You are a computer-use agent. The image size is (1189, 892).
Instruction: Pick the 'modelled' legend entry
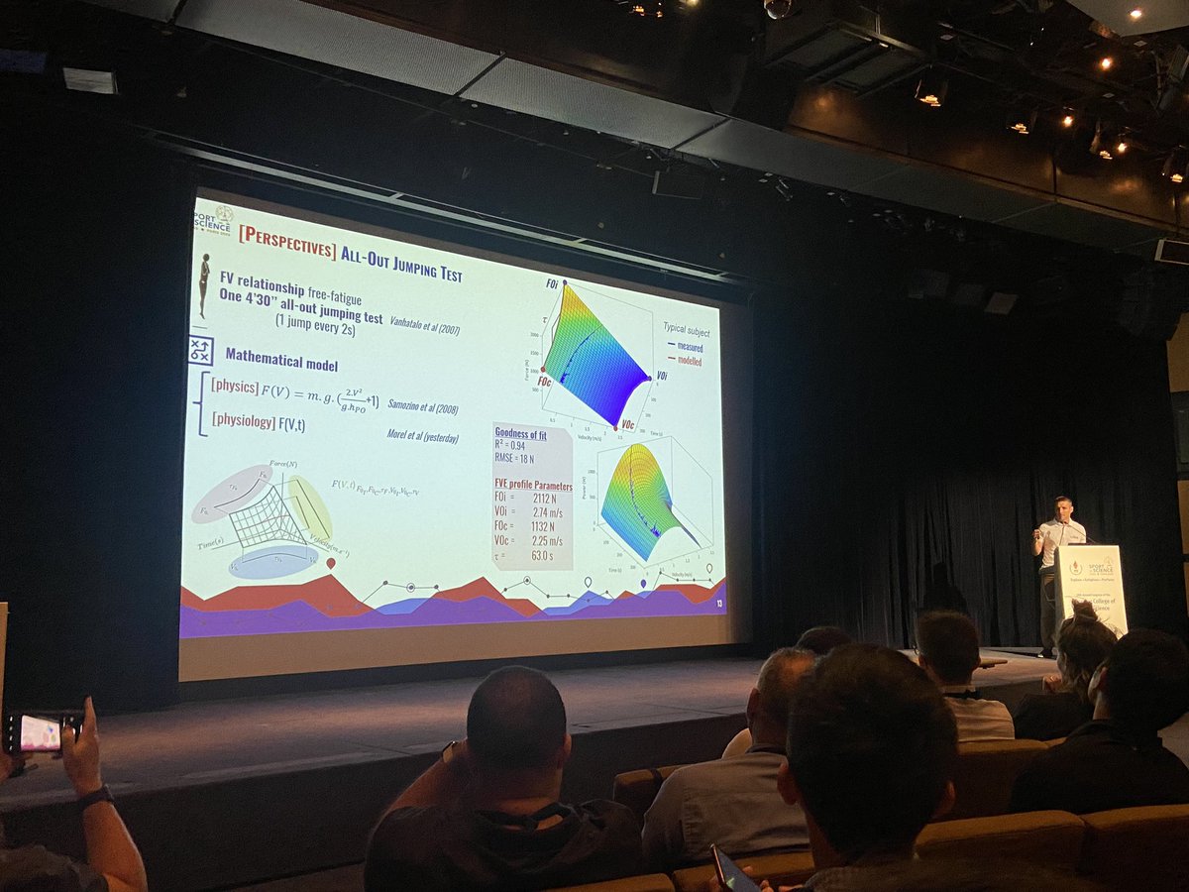[x=691, y=362]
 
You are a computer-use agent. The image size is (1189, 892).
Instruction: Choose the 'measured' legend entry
[x=691, y=347]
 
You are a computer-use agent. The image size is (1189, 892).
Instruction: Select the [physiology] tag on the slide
[x=244, y=421]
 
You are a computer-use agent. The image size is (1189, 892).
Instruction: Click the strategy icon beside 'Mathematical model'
[x=200, y=349]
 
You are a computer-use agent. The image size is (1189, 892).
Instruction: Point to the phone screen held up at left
[x=41, y=732]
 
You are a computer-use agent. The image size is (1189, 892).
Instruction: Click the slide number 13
[x=719, y=602]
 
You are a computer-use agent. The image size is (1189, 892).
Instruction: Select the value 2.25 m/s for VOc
[x=549, y=542]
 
